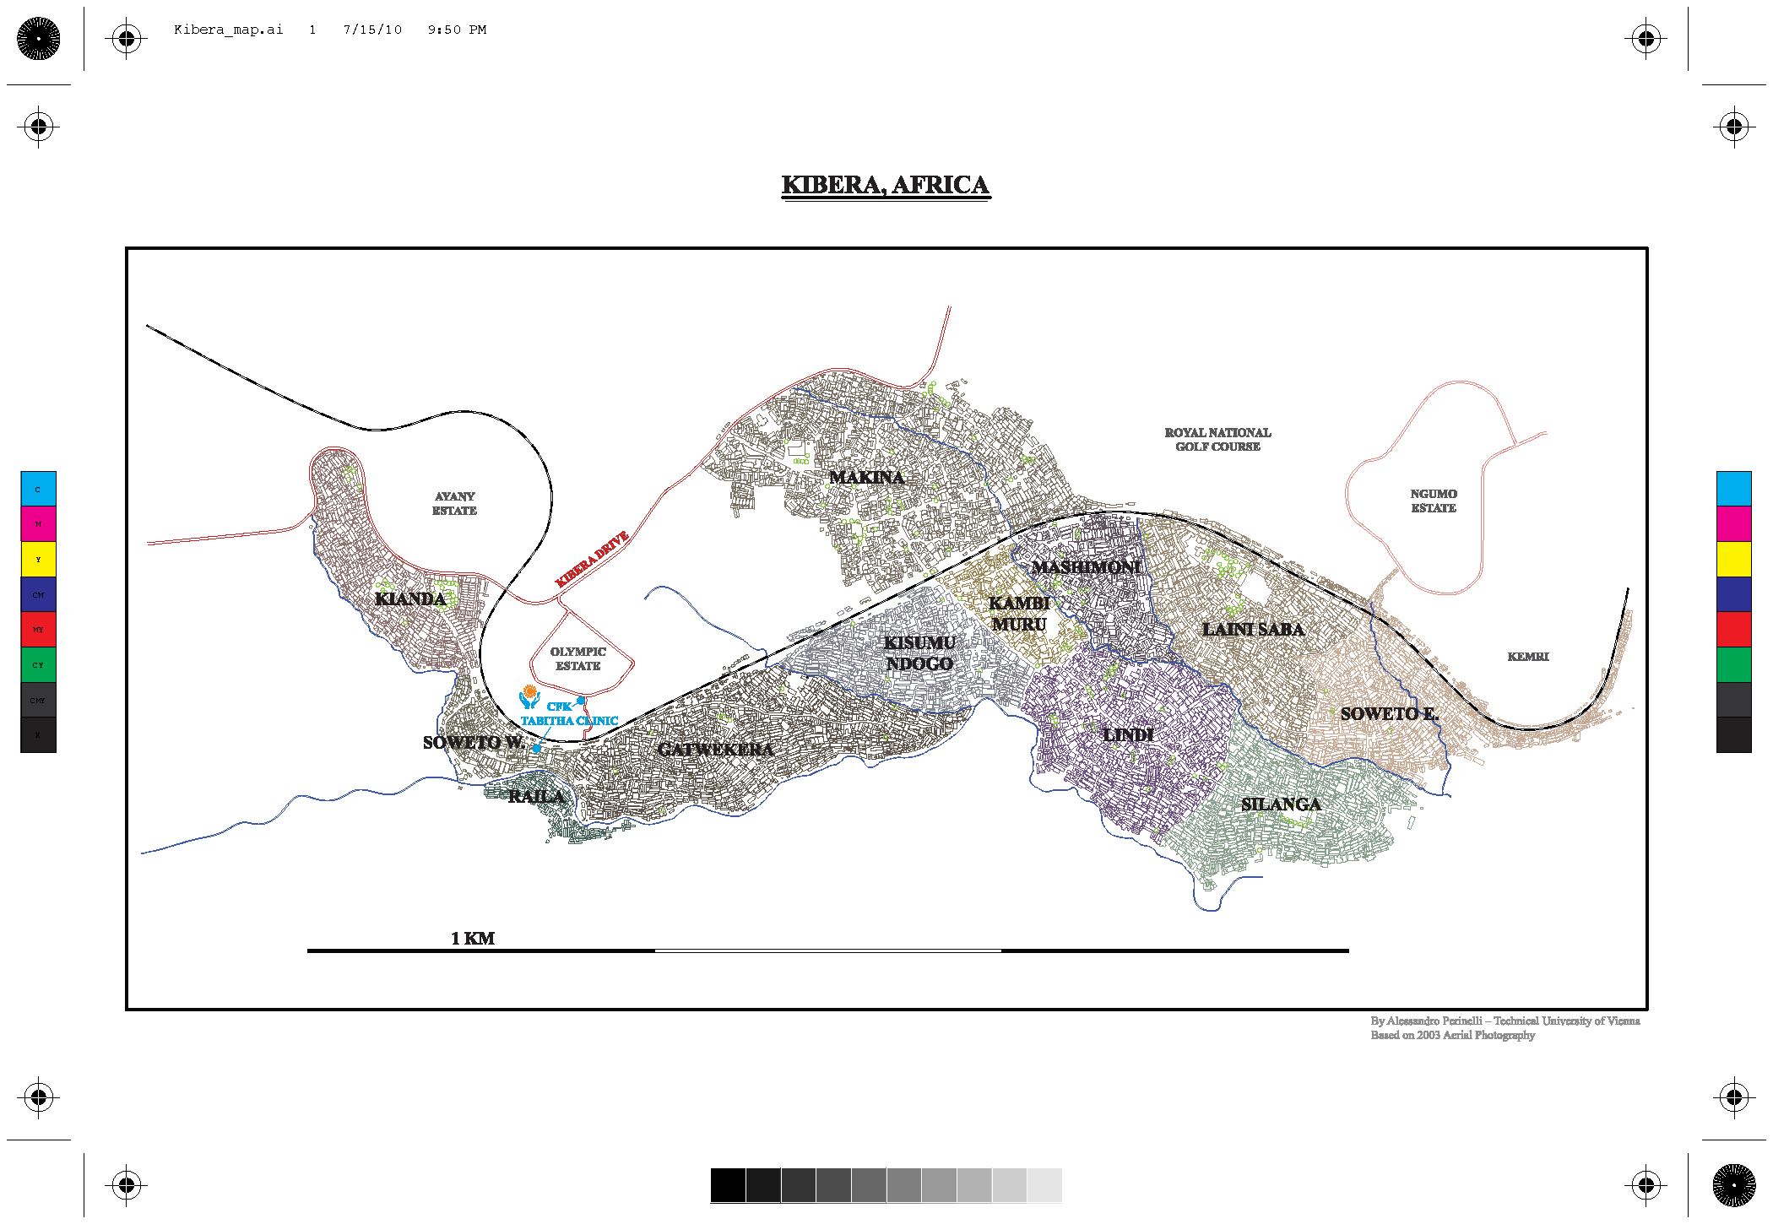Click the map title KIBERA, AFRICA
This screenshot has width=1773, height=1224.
885,185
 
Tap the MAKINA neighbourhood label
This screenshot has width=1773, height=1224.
866,478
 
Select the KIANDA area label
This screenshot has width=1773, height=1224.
409,599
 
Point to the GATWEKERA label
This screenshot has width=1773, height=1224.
715,750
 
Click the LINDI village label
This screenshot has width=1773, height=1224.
1128,735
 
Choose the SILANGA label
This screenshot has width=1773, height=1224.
1281,804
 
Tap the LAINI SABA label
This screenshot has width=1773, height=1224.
1253,630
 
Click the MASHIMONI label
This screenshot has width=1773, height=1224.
1087,567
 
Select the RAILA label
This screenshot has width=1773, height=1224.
536,797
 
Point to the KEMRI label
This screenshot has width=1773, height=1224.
1528,657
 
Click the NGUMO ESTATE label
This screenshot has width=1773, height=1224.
1434,501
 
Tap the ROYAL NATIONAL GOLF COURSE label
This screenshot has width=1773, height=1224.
1217,440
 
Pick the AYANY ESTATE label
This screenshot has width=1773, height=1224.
454,504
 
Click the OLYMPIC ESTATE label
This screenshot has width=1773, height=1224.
578,659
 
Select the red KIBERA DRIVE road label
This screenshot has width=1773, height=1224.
592,560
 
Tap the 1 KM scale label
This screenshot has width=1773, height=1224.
473,939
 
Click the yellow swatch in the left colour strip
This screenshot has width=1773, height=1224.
38,560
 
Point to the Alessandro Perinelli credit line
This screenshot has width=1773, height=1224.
1505,1021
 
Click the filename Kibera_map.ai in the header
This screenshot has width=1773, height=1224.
228,30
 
